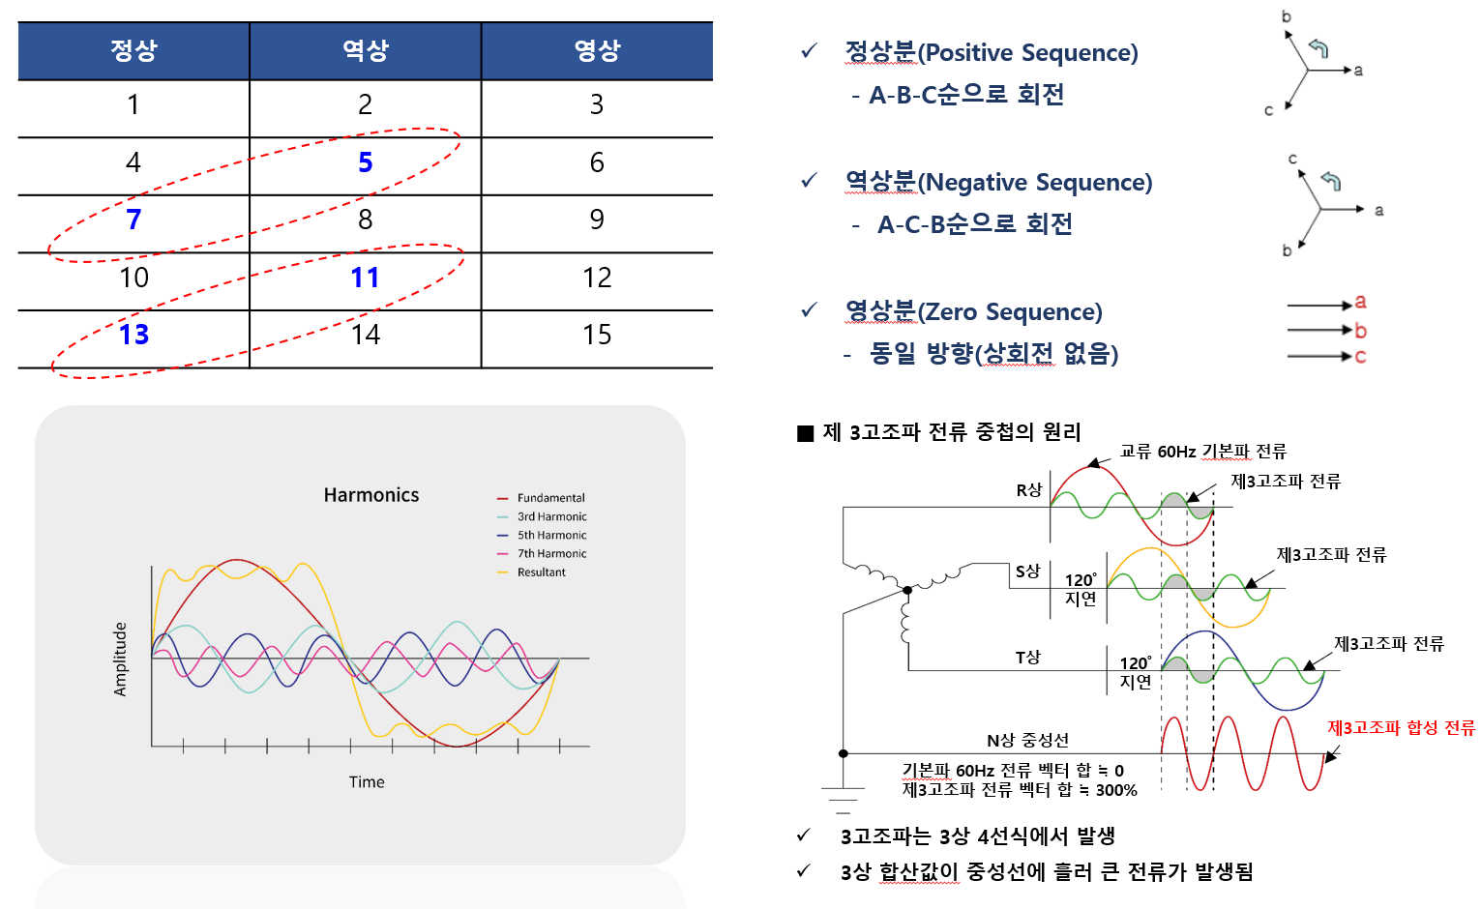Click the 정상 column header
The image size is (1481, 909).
coord(133,50)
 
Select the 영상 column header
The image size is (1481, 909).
coord(597,50)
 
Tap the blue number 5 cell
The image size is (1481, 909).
coord(365,162)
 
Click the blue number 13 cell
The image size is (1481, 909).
coord(133,335)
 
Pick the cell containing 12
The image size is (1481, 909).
coord(597,279)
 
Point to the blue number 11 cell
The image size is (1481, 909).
coord(365,279)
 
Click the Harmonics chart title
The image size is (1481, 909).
coord(371,495)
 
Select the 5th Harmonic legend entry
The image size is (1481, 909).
coord(551,535)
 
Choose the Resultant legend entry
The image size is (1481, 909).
coord(541,572)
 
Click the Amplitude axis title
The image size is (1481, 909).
coord(121,659)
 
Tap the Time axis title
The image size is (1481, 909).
coord(367,782)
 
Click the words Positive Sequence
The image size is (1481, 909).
coord(1027,52)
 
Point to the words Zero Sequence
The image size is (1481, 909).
coord(1010,311)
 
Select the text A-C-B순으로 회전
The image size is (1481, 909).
coord(974,224)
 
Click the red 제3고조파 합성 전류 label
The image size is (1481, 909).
coord(1401,727)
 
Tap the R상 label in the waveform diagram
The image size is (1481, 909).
coord(1029,490)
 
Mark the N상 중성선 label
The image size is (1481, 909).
coord(1027,740)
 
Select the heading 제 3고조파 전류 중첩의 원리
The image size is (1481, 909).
coord(951,432)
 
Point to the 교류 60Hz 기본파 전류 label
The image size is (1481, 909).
coord(1202,452)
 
